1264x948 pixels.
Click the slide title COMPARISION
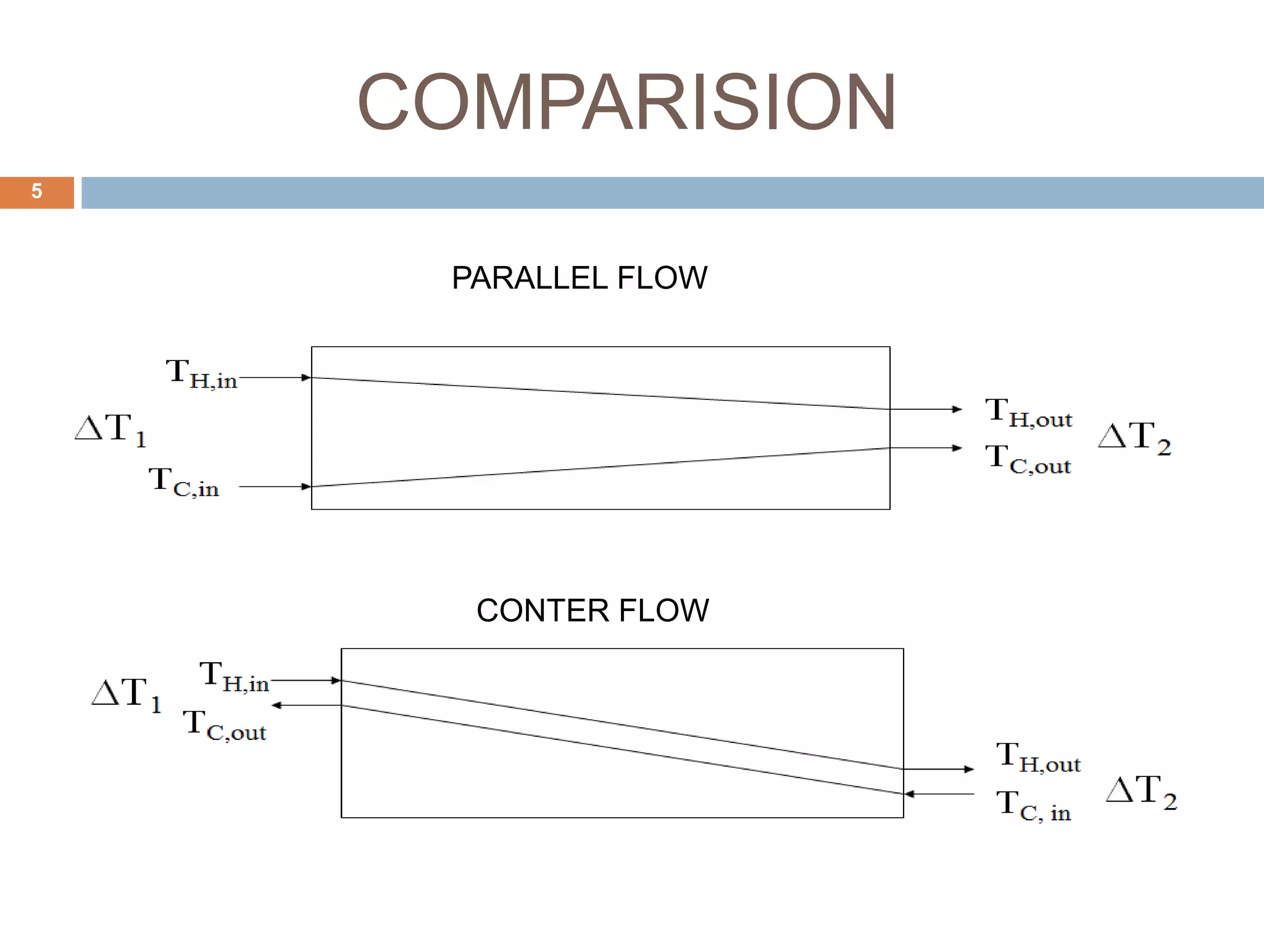click(x=626, y=102)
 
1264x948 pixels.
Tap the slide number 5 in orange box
click(x=36, y=192)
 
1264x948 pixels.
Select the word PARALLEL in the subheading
click(x=530, y=278)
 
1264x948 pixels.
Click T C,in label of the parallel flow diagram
click(x=184, y=483)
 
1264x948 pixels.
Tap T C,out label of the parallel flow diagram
click(x=1028, y=460)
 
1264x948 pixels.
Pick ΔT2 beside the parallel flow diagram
click(x=1134, y=438)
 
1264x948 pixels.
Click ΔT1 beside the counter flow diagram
click(x=127, y=694)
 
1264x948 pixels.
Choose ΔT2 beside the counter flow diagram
click(x=1141, y=792)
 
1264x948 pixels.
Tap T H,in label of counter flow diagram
click(x=234, y=676)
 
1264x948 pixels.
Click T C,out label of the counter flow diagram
click(x=225, y=725)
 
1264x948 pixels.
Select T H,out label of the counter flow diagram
click(x=1038, y=758)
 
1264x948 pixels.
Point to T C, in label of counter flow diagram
click(x=1034, y=807)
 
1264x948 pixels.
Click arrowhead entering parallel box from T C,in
click(x=306, y=486)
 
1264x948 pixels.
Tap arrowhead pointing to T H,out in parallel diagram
click(x=957, y=409)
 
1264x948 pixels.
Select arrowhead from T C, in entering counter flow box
click(x=909, y=794)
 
